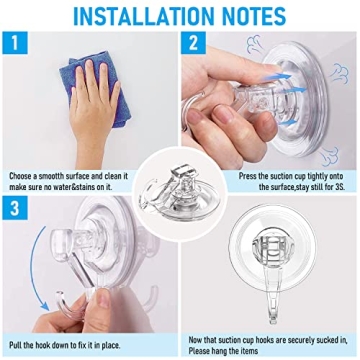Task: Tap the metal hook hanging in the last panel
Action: tap(272, 300)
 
